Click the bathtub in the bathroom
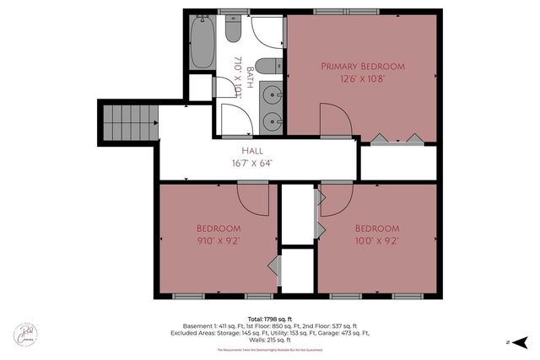(202, 42)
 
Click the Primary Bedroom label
(363, 66)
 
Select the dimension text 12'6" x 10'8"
(363, 80)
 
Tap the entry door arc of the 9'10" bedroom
(252, 197)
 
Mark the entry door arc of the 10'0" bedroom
(336, 197)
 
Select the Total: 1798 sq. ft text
(269, 317)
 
